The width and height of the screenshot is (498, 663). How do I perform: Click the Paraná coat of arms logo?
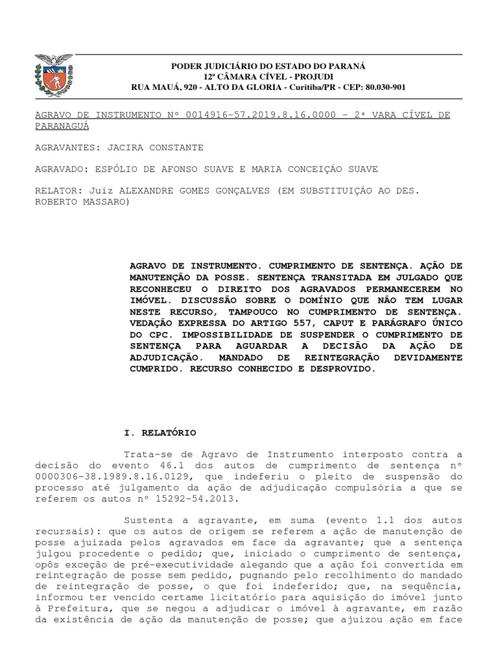53,77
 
